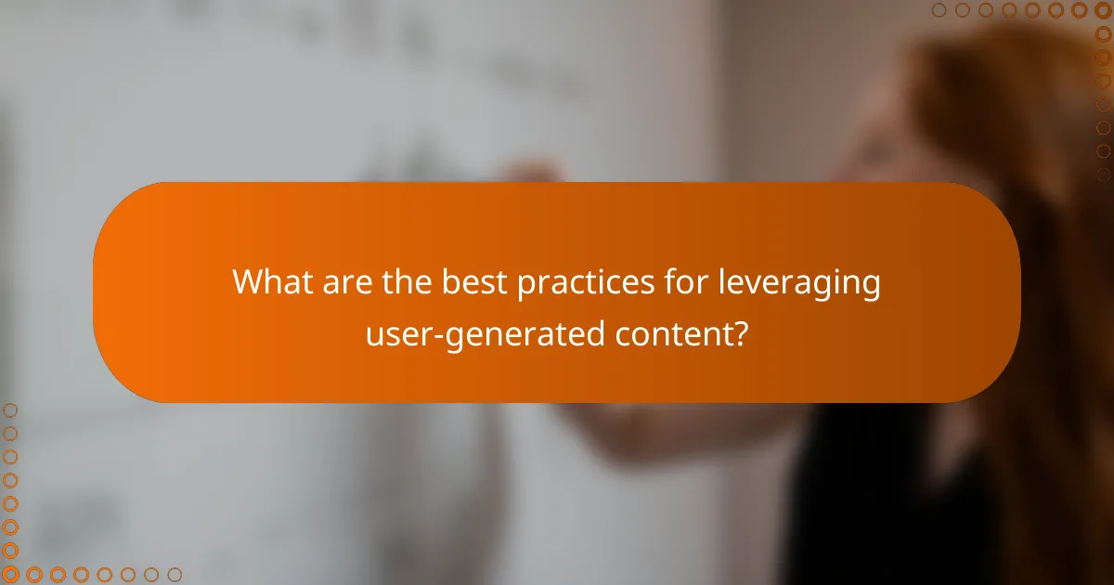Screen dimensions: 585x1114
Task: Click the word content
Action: (x=675, y=333)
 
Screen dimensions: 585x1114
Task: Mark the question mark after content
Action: (x=740, y=332)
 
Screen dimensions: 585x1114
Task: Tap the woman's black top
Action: (x=891, y=501)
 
